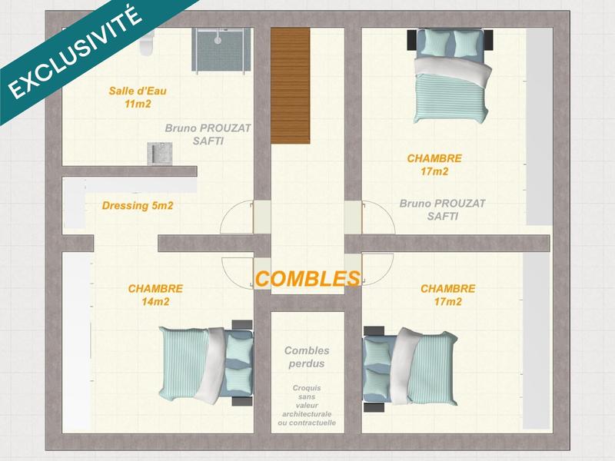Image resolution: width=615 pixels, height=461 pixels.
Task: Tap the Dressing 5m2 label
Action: pyautogui.click(x=137, y=206)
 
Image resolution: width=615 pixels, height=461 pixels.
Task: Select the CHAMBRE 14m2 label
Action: pyautogui.click(x=155, y=295)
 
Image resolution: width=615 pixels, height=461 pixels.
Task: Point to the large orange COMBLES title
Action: pyautogui.click(x=307, y=279)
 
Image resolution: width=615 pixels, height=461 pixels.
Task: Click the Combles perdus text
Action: pyautogui.click(x=307, y=357)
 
